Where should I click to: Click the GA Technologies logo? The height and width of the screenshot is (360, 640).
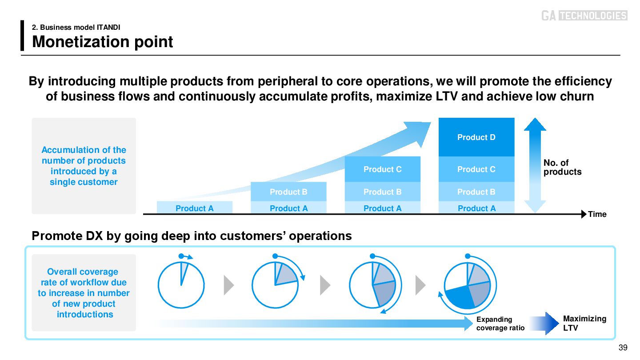pos(584,16)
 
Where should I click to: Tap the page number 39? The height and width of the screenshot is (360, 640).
pos(623,348)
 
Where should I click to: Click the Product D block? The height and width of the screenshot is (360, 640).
pos(476,137)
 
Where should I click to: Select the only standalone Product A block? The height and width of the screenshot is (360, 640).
pos(195,208)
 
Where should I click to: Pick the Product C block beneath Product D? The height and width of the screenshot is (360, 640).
pos(476,169)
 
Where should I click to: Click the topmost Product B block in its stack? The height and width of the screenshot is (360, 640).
pos(288,192)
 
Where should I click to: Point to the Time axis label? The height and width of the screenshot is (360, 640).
pos(597,214)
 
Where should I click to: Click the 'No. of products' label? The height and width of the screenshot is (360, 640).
pos(562,168)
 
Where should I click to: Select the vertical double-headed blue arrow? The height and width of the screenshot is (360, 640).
pos(535,165)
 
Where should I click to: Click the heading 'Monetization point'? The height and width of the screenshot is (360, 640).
pos(103,42)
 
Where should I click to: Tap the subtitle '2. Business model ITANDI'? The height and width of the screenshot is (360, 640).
pos(76,28)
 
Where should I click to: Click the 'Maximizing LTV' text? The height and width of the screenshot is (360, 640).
pos(584,323)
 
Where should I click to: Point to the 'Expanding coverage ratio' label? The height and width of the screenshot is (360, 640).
pos(500,324)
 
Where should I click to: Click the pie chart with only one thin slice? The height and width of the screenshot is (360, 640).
pos(180,285)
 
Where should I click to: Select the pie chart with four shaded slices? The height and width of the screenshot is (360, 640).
pos(468,285)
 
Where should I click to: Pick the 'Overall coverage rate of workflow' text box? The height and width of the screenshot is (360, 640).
pos(84,292)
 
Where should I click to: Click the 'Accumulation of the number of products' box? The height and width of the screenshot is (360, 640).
pos(84,166)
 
